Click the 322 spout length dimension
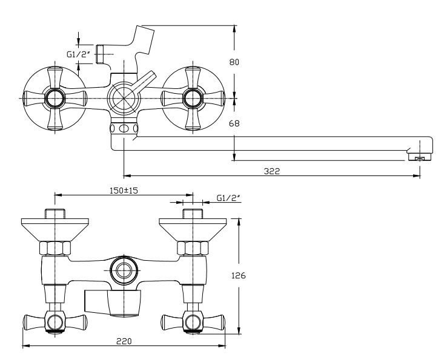pos(272,171)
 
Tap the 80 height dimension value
pos(234,62)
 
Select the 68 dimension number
pos(234,123)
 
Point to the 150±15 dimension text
pos(124,190)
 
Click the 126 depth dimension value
pos(238,275)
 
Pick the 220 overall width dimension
pos(124,341)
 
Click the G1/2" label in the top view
pos(78,54)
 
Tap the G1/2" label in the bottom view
pos(228,198)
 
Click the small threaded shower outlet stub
pos(99,54)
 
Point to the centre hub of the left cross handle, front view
pos(54,98)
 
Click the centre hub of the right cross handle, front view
pos(193,98)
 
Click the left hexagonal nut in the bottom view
pos(55,248)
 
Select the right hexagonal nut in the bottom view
pos(193,248)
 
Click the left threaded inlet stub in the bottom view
pos(55,214)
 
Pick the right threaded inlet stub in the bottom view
pos(193,214)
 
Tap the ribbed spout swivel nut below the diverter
pos(124,128)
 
